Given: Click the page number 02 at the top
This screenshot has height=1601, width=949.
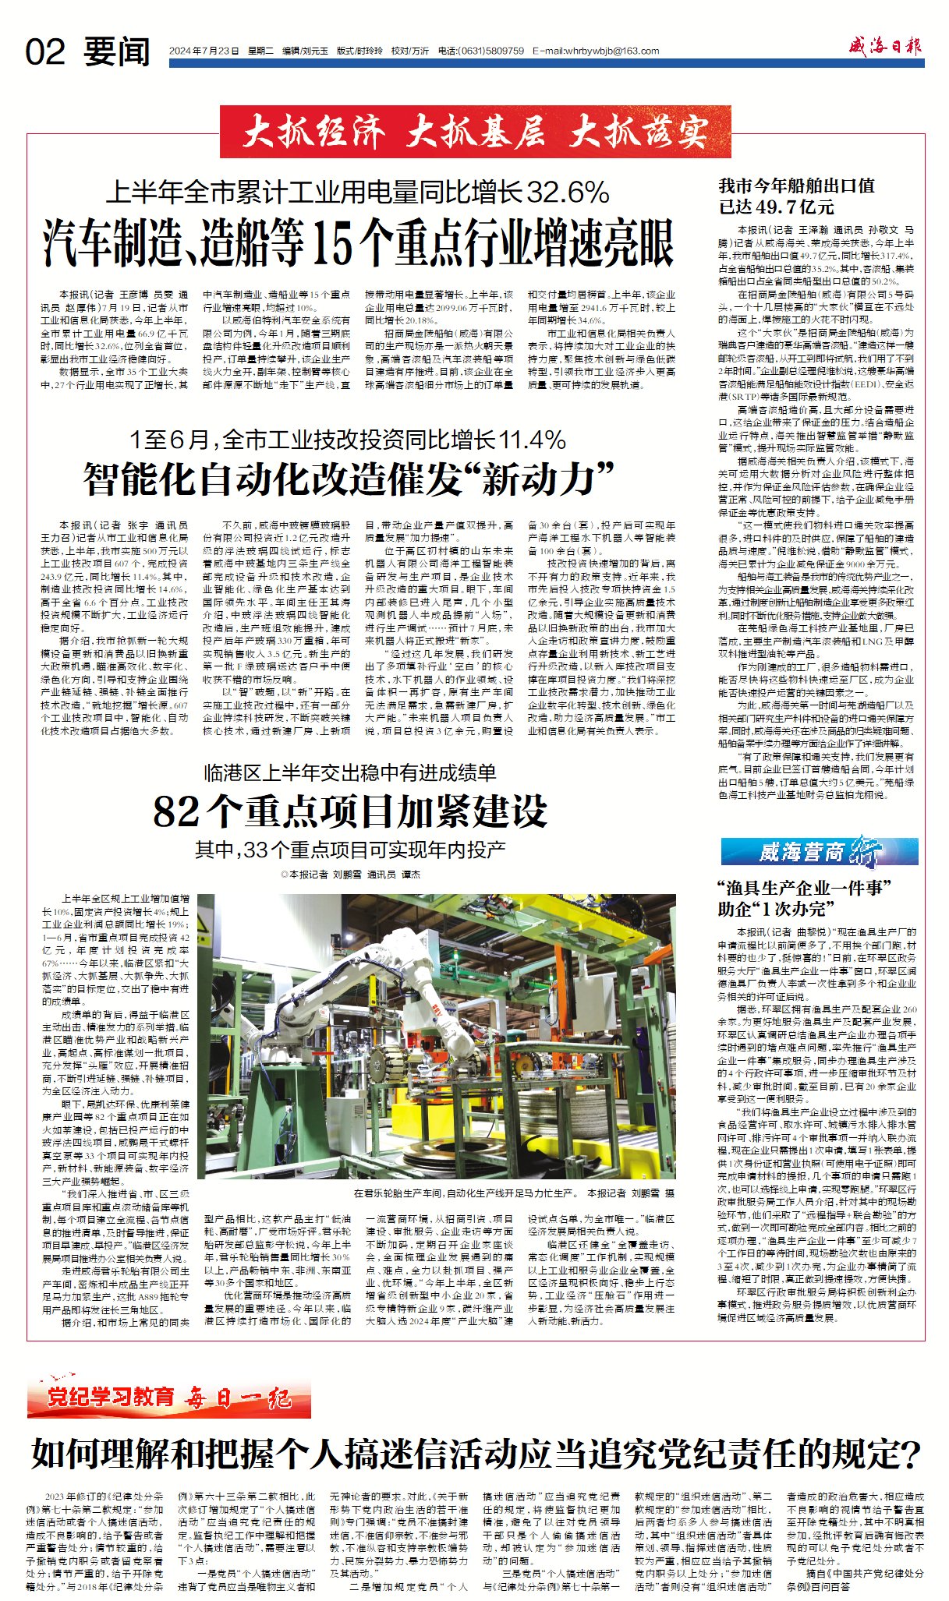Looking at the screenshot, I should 44,53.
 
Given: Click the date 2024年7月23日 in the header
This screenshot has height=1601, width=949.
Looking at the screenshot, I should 204,51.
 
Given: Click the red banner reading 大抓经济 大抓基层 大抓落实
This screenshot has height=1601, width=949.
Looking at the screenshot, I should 475,133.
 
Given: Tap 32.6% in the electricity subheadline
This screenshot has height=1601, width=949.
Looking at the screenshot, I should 568,193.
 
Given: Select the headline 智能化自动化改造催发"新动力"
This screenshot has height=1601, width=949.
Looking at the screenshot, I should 349,479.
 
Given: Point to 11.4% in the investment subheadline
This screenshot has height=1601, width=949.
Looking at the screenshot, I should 531,440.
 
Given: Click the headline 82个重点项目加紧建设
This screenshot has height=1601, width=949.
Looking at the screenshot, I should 349,811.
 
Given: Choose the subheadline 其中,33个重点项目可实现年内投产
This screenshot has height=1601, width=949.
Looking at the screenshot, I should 349,850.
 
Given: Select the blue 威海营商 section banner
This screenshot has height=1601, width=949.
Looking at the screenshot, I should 819,851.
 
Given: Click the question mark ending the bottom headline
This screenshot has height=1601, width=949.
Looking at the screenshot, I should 910,1453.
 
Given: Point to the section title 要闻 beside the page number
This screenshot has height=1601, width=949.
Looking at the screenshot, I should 117,53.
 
